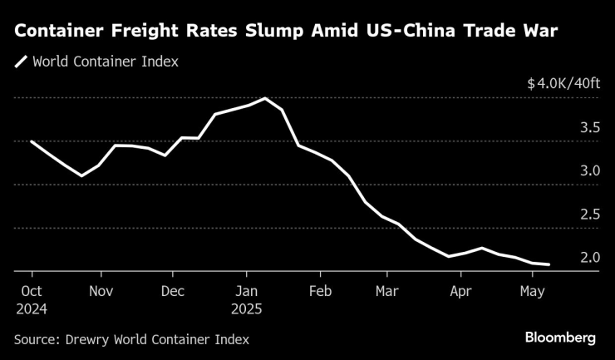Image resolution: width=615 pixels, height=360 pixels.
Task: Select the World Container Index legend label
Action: pyautogui.click(x=105, y=62)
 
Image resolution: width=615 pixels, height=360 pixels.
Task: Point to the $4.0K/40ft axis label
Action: pyautogui.click(x=563, y=84)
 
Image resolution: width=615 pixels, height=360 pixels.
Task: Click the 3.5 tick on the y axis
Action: pyautogui.click(x=590, y=128)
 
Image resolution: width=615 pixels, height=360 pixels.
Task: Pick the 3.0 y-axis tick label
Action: pyautogui.click(x=590, y=171)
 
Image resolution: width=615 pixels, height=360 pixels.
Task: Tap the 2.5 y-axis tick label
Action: pyautogui.click(x=590, y=215)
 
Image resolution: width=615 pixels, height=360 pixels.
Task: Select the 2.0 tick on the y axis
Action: pyautogui.click(x=590, y=258)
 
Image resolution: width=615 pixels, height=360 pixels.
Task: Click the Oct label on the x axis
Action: pyautogui.click(x=32, y=292)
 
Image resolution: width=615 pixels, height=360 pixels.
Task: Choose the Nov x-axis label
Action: pyautogui.click(x=101, y=292)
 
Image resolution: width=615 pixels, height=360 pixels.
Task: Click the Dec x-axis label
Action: pyautogui.click(x=173, y=292)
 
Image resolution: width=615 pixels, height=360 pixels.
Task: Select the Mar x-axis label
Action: pyautogui.click(x=386, y=292)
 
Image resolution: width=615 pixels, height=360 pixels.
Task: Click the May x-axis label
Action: pyautogui.click(x=532, y=292)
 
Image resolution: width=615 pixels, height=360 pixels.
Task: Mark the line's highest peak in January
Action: pyautogui.click(x=265, y=98)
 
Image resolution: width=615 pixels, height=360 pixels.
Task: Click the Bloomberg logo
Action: pyautogui.click(x=560, y=338)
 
